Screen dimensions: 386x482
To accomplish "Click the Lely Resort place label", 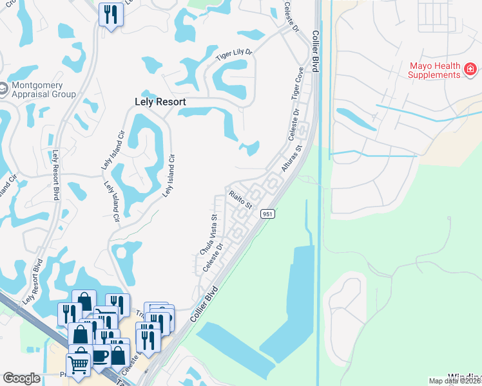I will (160, 102).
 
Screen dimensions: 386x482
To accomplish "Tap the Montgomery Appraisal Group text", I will (42, 89).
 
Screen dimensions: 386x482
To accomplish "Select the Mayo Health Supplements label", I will (435, 70).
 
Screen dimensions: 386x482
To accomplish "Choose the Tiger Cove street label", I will (297, 84).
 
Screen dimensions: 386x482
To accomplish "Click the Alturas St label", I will (292, 158).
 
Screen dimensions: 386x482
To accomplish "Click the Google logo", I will (21, 379).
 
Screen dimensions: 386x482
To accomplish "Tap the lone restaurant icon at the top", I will (111, 14).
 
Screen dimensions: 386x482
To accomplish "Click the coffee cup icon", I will (100, 354).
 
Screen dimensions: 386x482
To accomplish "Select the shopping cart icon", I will (78, 365).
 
